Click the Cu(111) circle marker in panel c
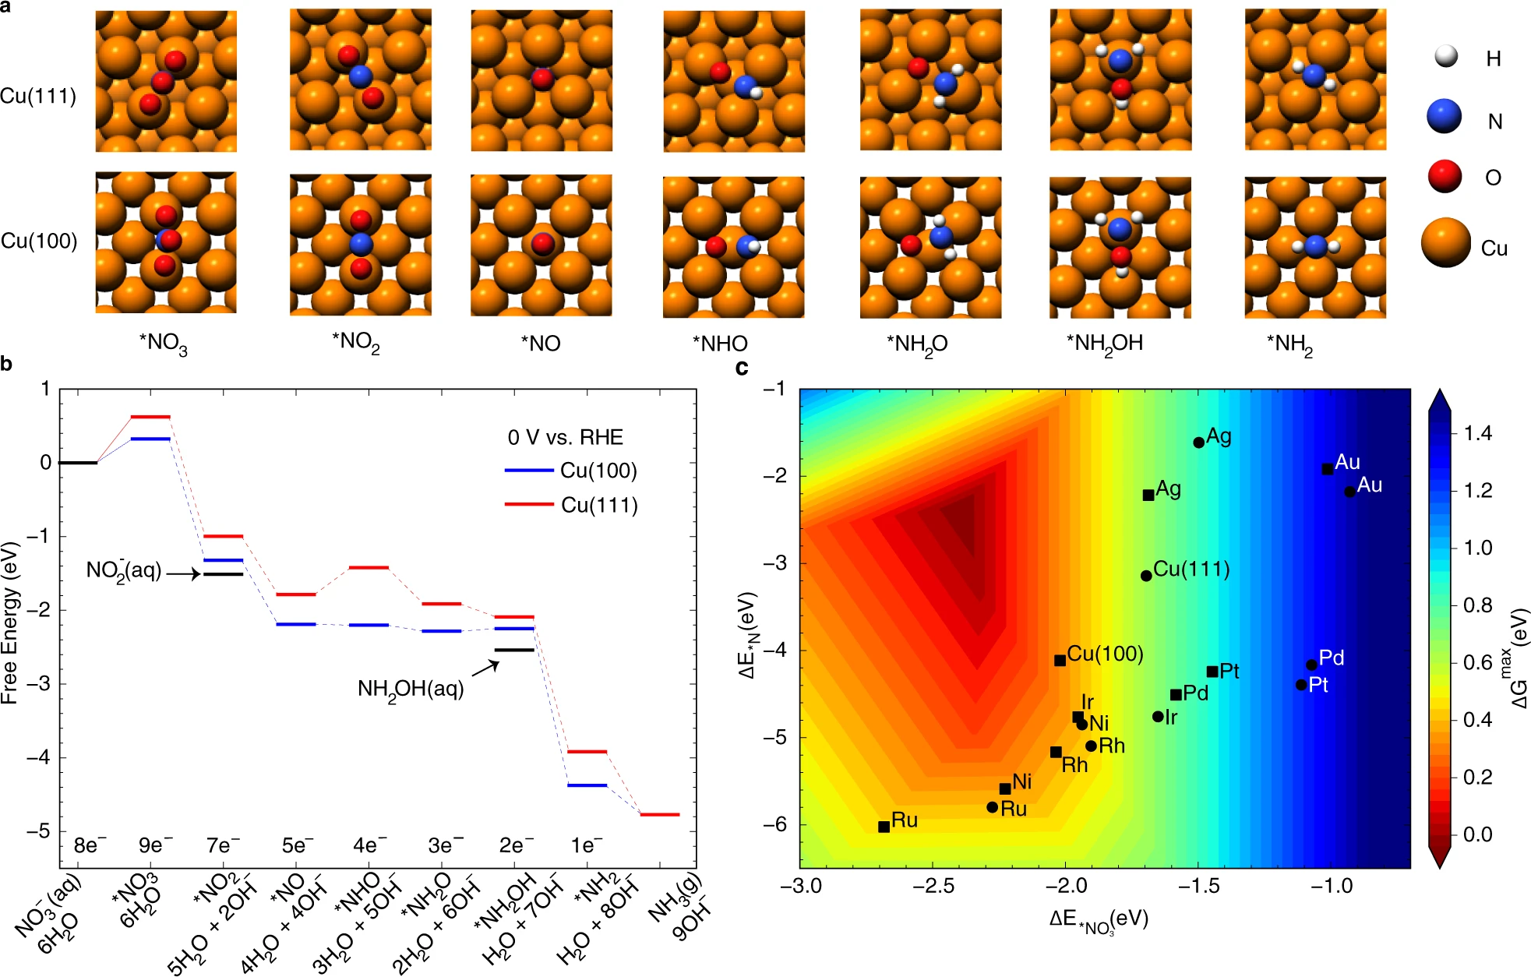coord(1146,576)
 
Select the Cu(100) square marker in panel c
coord(1060,661)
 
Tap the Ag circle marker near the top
coord(1198,443)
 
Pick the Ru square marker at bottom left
coord(884,827)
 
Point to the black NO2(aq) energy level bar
coord(223,574)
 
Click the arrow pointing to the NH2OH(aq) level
coord(485,668)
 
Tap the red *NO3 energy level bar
coord(150,417)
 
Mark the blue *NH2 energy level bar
coord(587,785)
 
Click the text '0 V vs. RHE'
coord(565,437)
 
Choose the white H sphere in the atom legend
coord(1445,56)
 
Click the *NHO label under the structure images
coord(719,344)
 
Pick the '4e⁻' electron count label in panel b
coord(369,845)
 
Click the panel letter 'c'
coord(742,367)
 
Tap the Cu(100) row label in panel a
coord(39,241)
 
